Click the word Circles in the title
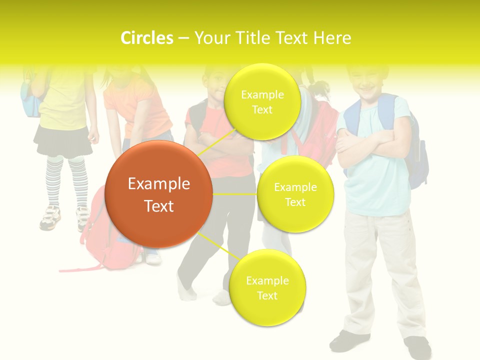[146, 38]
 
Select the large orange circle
[158, 194]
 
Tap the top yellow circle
[262, 101]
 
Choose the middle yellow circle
[295, 194]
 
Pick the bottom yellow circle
[267, 287]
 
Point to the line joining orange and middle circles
[234, 194]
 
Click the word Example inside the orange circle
[158, 184]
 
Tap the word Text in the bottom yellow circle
[267, 295]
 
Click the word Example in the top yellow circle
[262, 94]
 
